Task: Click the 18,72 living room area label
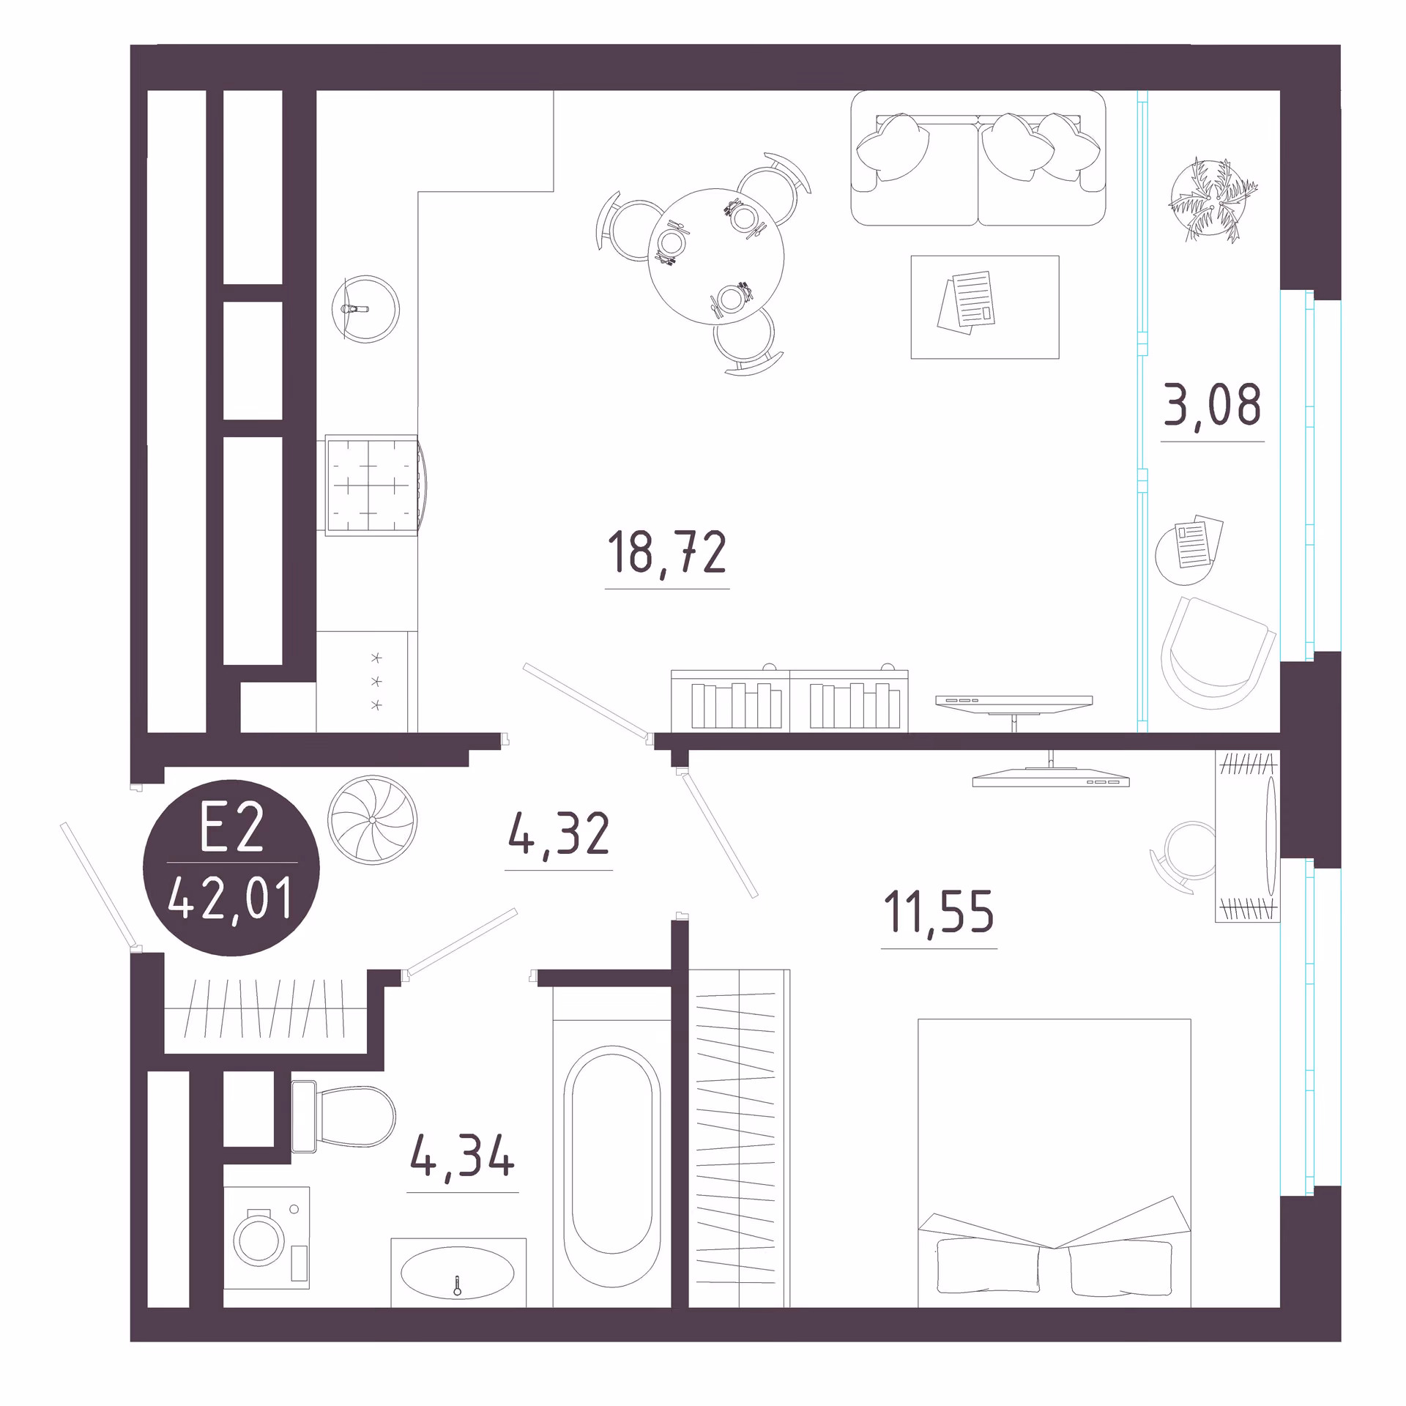pos(667,553)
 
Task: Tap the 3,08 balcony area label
pos(1213,404)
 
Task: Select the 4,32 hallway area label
pos(559,833)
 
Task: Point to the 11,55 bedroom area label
pos(940,912)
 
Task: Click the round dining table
pos(716,256)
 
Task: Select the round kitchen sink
pos(365,309)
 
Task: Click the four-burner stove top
pos(372,486)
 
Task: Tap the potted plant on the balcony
pos(1212,199)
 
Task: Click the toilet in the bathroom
pos(343,1116)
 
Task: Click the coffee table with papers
pos(985,307)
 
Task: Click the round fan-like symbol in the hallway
pos(373,819)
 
